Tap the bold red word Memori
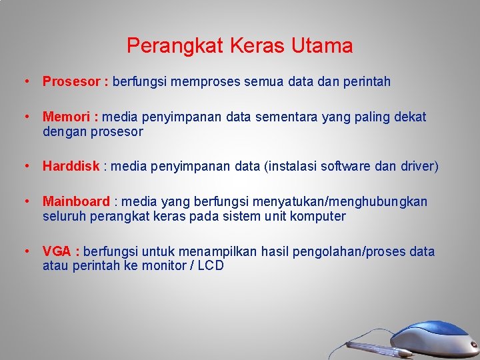point(67,117)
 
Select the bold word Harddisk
point(71,166)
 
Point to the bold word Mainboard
point(76,201)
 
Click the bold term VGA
point(58,251)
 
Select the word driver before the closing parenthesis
point(417,166)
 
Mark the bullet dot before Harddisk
point(25,166)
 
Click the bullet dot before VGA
point(25,251)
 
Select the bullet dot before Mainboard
point(25,201)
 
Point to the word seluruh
point(63,216)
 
